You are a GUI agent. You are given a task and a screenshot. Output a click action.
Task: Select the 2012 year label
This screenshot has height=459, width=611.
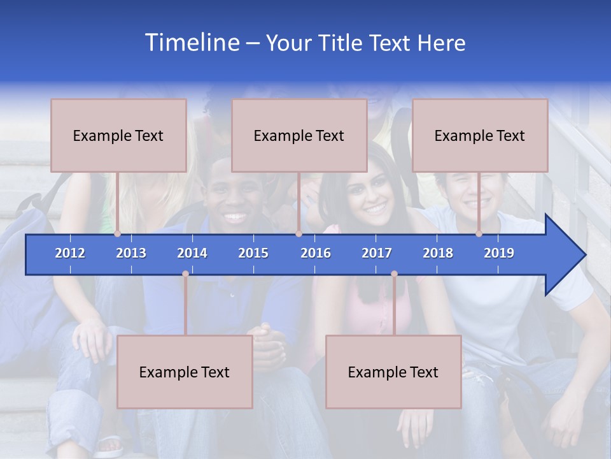pyautogui.click(x=70, y=253)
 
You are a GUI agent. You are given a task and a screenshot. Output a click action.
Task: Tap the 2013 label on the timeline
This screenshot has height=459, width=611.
pyautogui.click(x=131, y=253)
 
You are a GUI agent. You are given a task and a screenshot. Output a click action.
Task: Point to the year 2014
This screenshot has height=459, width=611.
pyautogui.click(x=192, y=253)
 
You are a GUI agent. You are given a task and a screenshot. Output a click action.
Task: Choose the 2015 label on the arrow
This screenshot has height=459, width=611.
pyautogui.click(x=253, y=253)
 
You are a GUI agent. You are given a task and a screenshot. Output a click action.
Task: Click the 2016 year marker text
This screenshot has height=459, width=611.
pyautogui.click(x=316, y=253)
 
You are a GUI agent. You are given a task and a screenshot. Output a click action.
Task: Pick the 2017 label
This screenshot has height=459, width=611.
pyautogui.click(x=377, y=253)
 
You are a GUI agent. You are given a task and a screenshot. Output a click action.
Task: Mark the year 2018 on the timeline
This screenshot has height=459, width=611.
pyautogui.click(x=438, y=253)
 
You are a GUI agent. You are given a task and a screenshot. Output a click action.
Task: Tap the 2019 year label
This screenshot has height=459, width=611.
pyautogui.click(x=499, y=253)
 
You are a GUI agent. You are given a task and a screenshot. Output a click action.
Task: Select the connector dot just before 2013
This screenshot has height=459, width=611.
pyautogui.click(x=118, y=233)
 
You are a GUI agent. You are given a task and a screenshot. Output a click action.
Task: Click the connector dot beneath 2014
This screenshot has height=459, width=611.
pyautogui.click(x=185, y=273)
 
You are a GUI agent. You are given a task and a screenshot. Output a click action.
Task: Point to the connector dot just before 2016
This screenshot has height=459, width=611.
pyautogui.click(x=298, y=233)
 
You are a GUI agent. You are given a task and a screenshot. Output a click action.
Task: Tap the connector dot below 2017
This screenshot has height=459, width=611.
pyautogui.click(x=394, y=273)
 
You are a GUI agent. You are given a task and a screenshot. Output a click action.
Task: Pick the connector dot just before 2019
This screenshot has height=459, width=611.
pyautogui.click(x=479, y=233)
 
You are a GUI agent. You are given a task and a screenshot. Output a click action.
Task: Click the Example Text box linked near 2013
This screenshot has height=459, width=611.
pyautogui.click(x=118, y=136)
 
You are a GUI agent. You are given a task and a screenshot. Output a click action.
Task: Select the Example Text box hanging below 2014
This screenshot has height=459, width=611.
pyautogui.click(x=185, y=372)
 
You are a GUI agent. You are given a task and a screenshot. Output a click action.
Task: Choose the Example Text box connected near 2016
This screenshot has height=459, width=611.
pyautogui.click(x=299, y=136)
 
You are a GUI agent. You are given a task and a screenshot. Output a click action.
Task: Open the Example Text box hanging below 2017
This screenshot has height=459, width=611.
pyautogui.click(x=393, y=372)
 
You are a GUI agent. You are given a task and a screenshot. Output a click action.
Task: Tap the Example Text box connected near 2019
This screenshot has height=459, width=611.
pyautogui.click(x=480, y=136)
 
